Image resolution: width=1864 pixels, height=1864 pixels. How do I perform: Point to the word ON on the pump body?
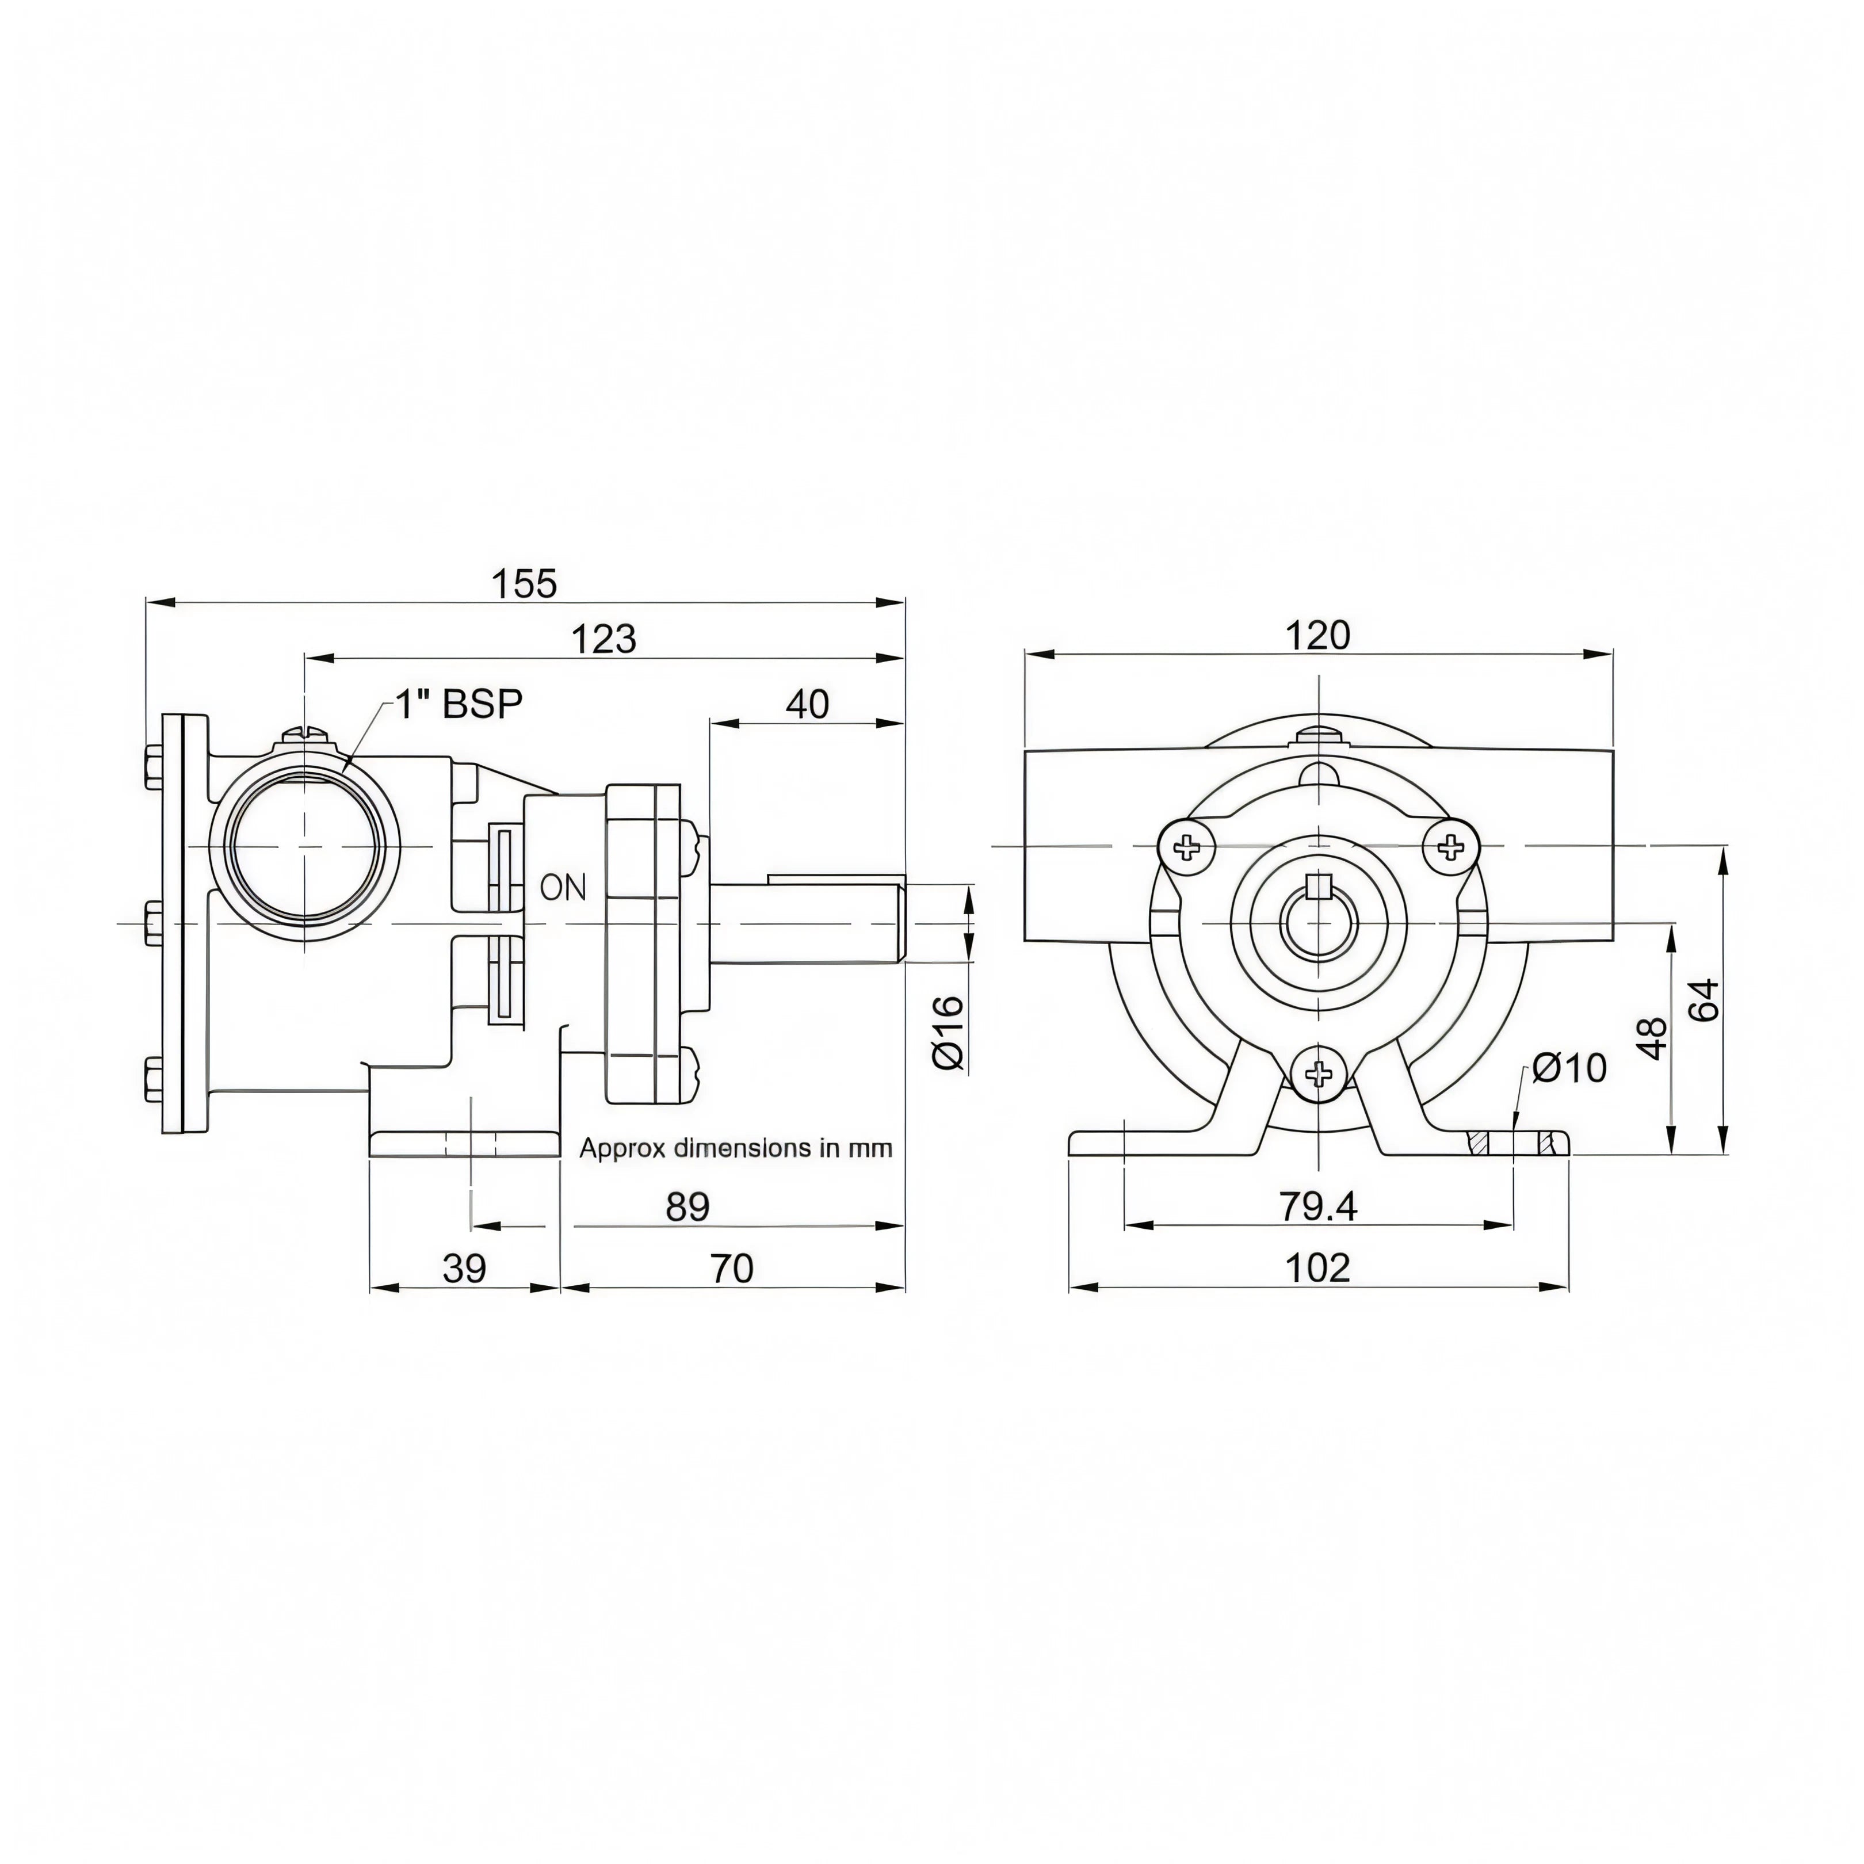563,887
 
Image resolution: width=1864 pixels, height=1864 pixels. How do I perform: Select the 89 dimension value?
688,1206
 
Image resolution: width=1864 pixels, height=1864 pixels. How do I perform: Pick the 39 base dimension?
464,1268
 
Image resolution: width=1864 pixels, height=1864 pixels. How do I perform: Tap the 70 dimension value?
732,1268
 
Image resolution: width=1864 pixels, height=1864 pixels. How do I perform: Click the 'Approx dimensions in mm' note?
735,1148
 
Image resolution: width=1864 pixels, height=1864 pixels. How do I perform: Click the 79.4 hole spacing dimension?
1318,1206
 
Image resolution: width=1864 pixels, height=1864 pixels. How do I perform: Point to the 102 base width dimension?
1319,1268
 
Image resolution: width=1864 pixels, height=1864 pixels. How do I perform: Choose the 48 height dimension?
1653,1038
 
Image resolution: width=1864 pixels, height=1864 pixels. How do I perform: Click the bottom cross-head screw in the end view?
1319,1072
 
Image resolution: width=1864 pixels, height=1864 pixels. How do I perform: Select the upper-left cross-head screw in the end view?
1186,848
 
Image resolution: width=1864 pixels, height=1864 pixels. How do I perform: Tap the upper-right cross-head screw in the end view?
1451,848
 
